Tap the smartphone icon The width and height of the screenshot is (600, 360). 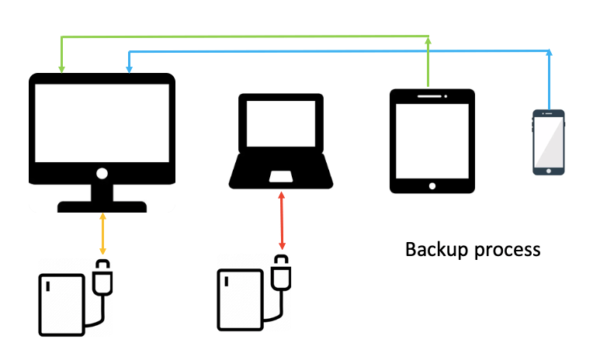coord(548,142)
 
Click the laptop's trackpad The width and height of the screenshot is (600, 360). coord(281,177)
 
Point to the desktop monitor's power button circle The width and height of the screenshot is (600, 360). coord(102,172)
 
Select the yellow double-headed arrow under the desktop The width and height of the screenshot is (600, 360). coord(102,234)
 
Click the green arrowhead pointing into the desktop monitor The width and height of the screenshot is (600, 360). coord(61,70)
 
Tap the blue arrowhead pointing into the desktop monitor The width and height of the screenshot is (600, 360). coord(129,70)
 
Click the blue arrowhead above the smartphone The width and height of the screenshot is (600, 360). coord(550,53)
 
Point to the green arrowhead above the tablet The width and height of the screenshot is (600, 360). coord(428,38)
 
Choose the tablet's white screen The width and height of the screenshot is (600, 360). coord(432,140)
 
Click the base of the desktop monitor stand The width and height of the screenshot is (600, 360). coord(102,206)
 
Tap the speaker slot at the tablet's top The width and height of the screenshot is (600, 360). coord(432,97)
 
